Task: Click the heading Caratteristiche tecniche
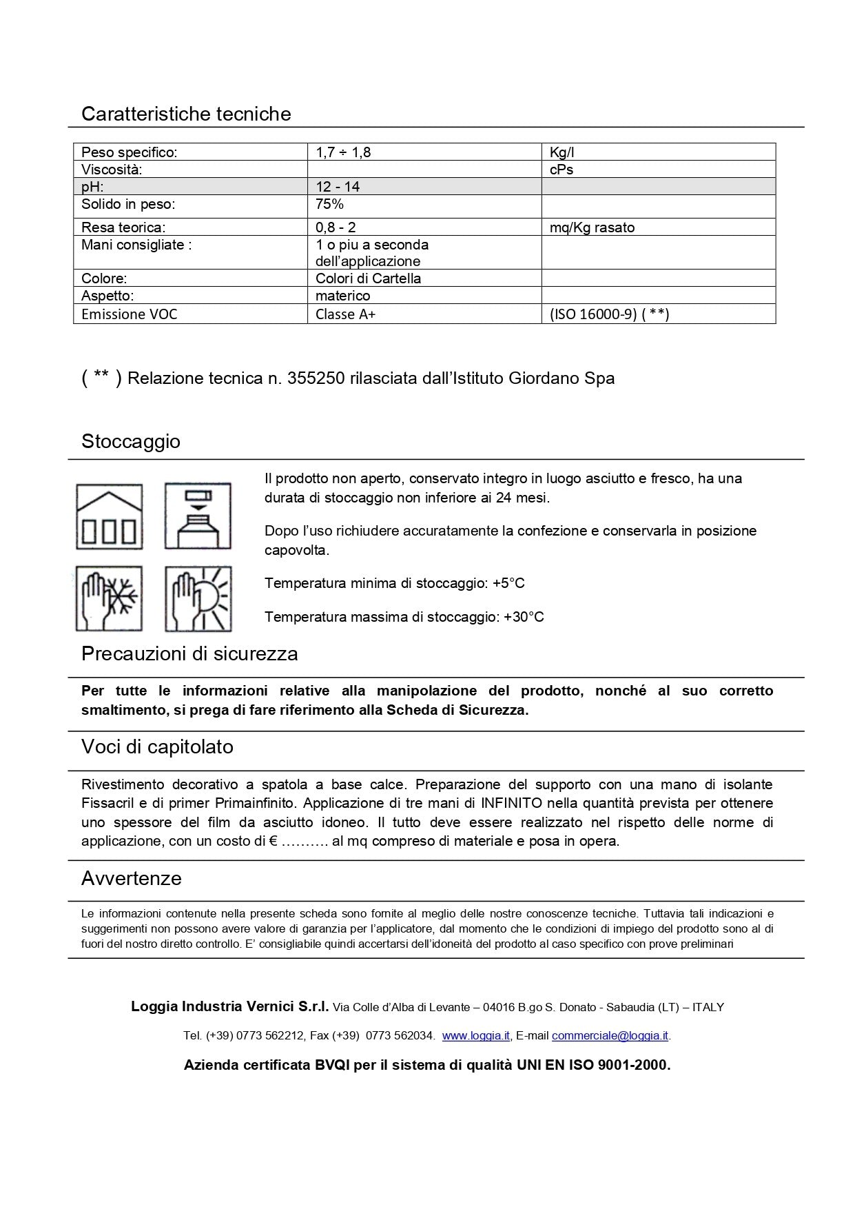point(186,114)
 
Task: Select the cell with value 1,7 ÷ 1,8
point(343,152)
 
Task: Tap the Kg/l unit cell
point(562,152)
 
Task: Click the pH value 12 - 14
point(338,187)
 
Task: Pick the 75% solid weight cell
point(329,204)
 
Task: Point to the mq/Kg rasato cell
point(592,227)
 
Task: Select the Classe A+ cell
point(346,314)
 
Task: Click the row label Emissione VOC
point(129,314)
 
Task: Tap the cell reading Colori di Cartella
point(368,278)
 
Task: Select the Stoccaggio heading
point(131,441)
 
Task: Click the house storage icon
point(109,516)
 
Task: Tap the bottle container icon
point(198,516)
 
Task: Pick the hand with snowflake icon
point(109,598)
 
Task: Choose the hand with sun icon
point(198,598)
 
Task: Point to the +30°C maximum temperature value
point(524,617)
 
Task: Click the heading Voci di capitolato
point(157,747)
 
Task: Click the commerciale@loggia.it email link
point(610,1035)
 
